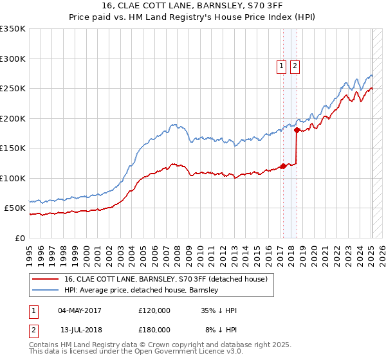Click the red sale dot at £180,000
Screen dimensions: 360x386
(296, 130)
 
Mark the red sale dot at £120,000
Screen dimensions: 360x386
(282, 166)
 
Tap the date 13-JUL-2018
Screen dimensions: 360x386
(79, 330)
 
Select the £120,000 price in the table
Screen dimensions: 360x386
(154, 310)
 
